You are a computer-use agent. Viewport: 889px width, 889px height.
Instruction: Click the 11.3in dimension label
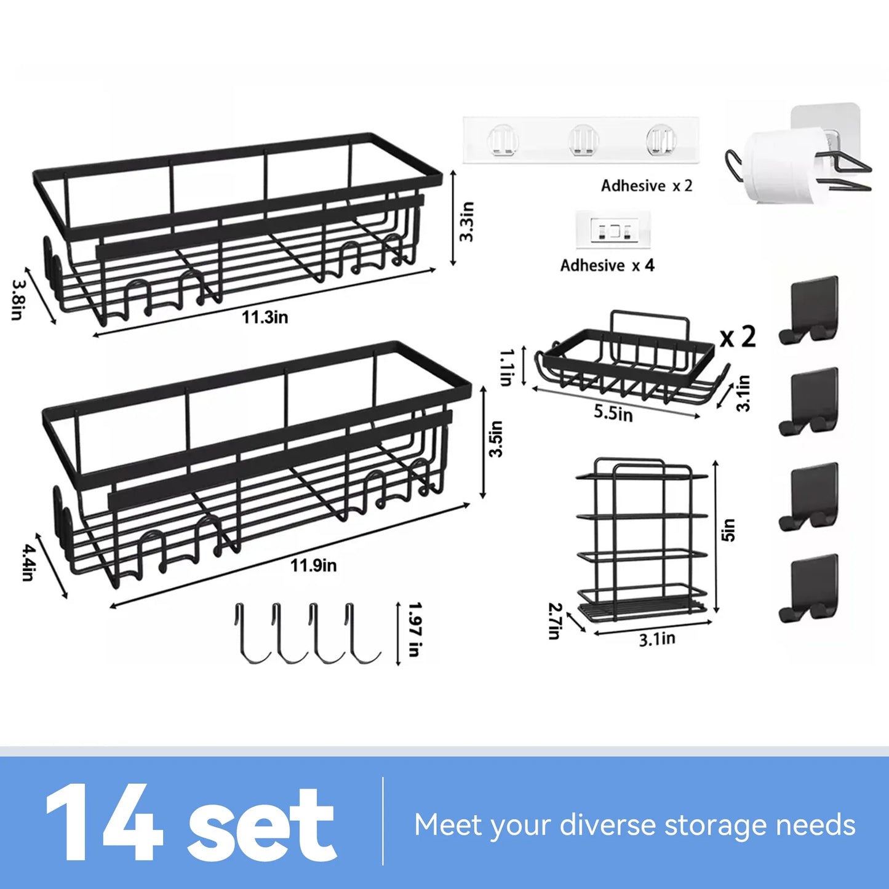pyautogui.click(x=265, y=317)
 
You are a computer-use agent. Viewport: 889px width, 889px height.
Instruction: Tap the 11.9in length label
pyautogui.click(x=313, y=565)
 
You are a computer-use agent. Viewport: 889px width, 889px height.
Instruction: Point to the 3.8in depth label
pyautogui.click(x=18, y=300)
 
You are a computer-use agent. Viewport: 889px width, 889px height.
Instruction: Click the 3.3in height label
pyautogui.click(x=467, y=221)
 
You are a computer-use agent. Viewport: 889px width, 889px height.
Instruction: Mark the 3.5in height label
pyautogui.click(x=496, y=439)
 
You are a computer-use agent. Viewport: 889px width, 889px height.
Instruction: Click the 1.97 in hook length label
pyautogui.click(x=415, y=629)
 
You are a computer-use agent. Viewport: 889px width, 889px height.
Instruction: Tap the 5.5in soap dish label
pyautogui.click(x=613, y=412)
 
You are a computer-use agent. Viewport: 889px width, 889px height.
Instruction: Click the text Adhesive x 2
pyautogui.click(x=646, y=186)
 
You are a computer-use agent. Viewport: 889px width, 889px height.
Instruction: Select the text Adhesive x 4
pyautogui.click(x=607, y=266)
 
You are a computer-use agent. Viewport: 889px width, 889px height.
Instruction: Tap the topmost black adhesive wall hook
pyautogui.click(x=809, y=309)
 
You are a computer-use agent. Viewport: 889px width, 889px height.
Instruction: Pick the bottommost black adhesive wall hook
pyautogui.click(x=809, y=588)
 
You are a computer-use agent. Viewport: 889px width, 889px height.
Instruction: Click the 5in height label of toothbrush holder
pyautogui.click(x=728, y=530)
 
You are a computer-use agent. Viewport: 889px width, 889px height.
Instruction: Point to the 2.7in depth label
pyautogui.click(x=554, y=621)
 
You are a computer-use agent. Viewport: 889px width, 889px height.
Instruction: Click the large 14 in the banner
pyautogui.click(x=105, y=823)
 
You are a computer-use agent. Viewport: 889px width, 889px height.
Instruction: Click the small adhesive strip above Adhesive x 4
pyautogui.click(x=613, y=230)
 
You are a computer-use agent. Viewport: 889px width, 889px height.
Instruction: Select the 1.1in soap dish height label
pyautogui.click(x=506, y=367)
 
